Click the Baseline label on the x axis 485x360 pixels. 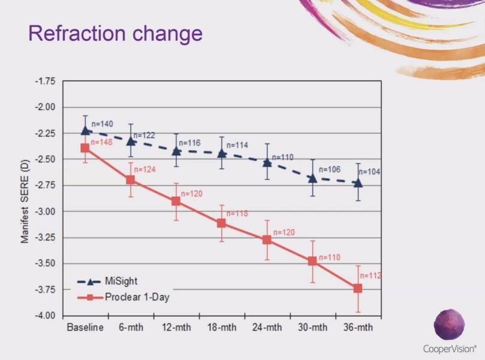(85, 328)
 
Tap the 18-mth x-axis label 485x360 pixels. (221, 328)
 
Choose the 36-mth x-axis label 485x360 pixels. (358, 328)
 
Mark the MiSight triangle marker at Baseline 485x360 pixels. (85, 130)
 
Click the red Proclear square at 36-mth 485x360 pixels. (358, 289)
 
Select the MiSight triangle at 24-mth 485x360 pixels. (267, 162)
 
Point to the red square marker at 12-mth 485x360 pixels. (176, 201)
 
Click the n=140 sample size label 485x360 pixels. (102, 124)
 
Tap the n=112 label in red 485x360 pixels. (370, 276)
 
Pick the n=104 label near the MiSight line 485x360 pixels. (370, 172)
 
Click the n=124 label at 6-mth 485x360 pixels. (144, 170)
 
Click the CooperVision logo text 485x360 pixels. (450, 349)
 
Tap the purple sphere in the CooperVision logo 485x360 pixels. (449, 325)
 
